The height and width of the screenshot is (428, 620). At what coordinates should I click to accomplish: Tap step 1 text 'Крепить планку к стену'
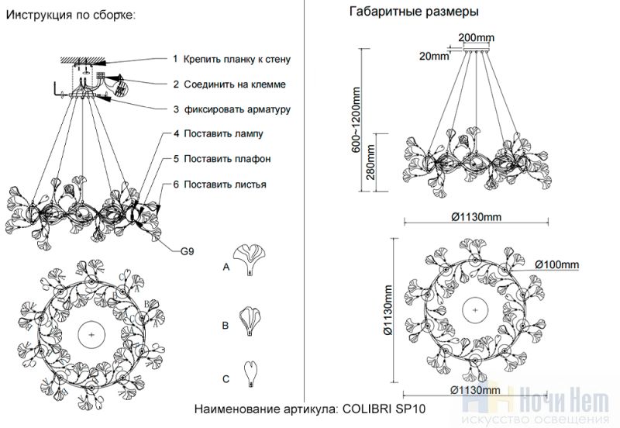click(x=232, y=59)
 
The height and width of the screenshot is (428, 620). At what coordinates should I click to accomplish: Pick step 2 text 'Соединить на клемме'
click(x=229, y=84)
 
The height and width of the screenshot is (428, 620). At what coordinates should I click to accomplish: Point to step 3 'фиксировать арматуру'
click(x=232, y=109)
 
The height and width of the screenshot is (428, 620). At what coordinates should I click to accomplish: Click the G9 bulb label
click(x=188, y=251)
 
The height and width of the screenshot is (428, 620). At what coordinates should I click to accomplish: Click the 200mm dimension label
click(x=476, y=38)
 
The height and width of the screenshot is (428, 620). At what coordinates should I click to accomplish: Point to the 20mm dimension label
click(x=434, y=56)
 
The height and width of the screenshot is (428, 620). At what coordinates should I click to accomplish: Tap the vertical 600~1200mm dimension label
click(x=357, y=125)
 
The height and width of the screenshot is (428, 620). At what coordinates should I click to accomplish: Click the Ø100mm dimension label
click(x=556, y=265)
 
